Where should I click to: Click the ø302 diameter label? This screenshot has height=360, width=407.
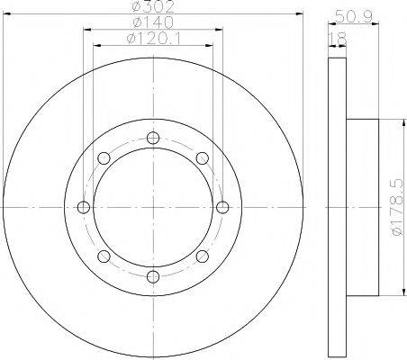(154, 6)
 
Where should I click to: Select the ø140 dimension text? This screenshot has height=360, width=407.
(153, 22)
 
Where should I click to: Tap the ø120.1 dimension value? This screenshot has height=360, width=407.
(154, 39)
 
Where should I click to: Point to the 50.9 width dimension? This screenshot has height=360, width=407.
(354, 16)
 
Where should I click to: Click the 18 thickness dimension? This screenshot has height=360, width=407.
(338, 38)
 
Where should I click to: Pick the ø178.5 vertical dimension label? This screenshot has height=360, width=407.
(397, 207)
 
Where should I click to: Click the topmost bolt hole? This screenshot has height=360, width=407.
(153, 138)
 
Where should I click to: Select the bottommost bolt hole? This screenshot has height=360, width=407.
(153, 276)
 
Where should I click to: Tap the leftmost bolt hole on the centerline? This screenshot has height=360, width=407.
(84, 207)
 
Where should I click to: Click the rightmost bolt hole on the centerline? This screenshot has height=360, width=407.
(222, 207)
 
